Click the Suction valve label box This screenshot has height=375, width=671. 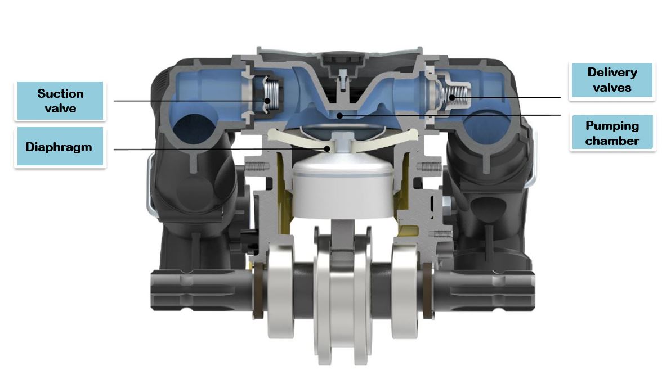[60, 101]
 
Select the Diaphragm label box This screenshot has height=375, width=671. [60, 147]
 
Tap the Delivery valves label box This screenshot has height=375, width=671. [612, 80]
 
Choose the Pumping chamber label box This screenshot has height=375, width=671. [612, 133]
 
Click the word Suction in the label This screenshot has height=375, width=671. [60, 94]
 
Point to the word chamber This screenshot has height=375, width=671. [612, 141]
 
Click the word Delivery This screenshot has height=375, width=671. [612, 73]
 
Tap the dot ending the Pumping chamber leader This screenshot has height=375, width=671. [339, 115]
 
